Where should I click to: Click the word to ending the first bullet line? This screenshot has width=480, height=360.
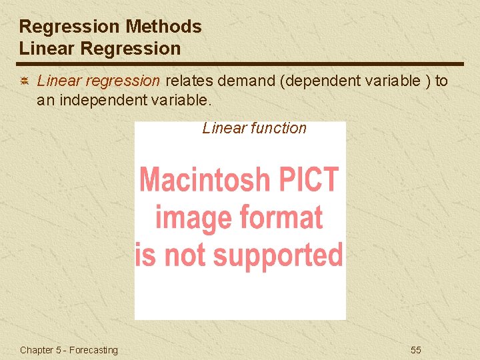(x=441, y=81)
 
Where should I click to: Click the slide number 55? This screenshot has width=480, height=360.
(x=415, y=350)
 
